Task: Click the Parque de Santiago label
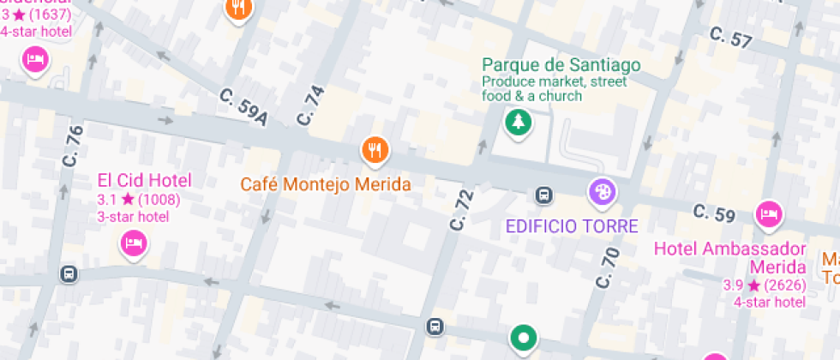561,65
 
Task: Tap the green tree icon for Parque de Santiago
517,123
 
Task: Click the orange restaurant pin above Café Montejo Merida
374,150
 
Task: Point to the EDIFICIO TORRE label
572,227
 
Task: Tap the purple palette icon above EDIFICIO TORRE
601,192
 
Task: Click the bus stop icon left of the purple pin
543,195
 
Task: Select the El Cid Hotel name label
144,180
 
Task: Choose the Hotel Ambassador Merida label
730,256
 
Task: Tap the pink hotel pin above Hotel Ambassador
769,213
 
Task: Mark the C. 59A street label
243,107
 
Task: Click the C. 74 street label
311,106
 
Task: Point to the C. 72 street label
461,209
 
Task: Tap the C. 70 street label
607,267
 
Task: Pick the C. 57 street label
731,37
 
